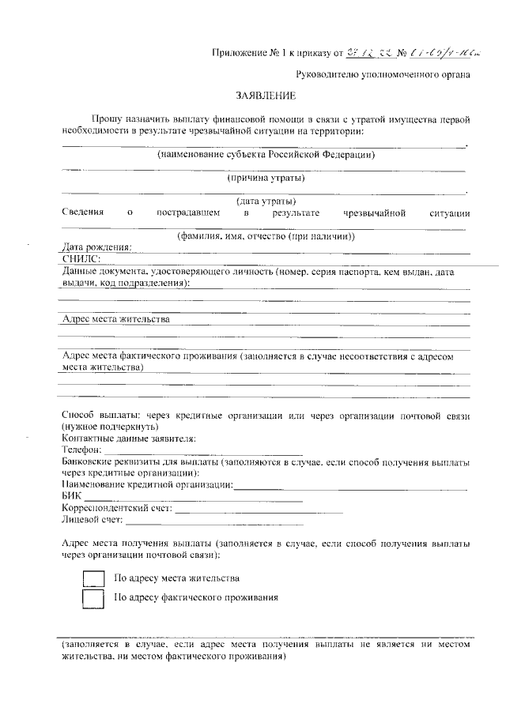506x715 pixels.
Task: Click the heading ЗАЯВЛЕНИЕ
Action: point(266,97)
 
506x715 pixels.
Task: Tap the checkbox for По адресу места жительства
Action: point(94,578)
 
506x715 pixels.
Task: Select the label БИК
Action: point(71,495)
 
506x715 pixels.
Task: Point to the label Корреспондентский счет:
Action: point(116,508)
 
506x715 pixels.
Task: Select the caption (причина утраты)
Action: point(266,177)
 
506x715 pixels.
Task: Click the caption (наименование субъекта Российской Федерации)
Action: point(266,154)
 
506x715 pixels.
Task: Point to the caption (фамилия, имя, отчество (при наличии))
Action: point(266,235)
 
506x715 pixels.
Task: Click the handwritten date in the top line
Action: point(368,54)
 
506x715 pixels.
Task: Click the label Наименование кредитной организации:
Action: point(147,484)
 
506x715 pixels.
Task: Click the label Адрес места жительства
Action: point(115,319)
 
